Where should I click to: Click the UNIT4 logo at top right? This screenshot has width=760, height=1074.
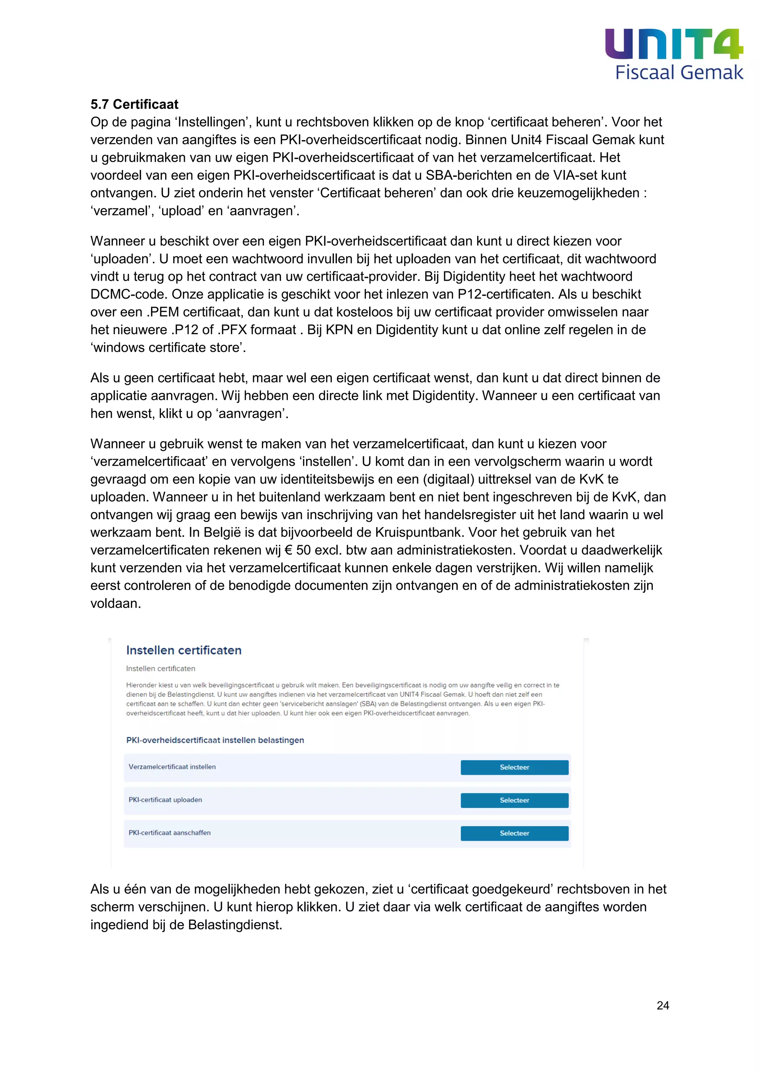(674, 44)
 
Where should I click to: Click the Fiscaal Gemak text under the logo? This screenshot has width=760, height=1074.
(679, 73)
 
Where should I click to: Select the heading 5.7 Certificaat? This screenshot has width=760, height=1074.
(134, 104)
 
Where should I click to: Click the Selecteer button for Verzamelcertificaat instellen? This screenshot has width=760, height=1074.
(514, 767)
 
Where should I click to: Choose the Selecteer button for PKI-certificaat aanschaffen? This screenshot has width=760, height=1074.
(514, 833)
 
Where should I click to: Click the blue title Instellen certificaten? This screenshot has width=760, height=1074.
(184, 650)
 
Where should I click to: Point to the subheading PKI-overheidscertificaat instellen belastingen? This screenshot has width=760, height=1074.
(215, 740)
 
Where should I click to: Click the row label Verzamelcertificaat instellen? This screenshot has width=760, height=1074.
(172, 767)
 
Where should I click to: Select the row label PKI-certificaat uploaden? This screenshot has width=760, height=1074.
(165, 800)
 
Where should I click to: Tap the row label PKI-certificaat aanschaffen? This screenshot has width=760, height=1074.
(170, 833)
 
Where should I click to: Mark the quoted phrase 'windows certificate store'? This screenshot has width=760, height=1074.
(168, 347)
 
